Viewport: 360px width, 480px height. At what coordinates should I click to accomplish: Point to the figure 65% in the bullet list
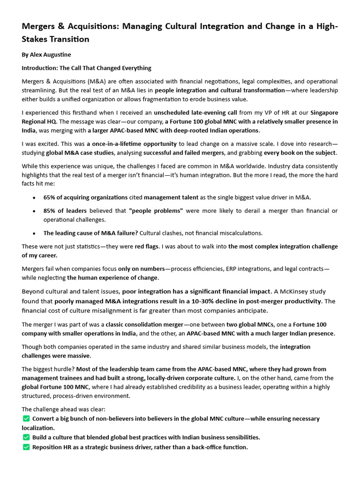[50, 197]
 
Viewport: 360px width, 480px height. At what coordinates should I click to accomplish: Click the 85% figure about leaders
[50, 211]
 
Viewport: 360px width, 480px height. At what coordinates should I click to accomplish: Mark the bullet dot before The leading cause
[34, 233]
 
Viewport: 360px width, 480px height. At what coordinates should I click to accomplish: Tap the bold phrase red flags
[147, 247]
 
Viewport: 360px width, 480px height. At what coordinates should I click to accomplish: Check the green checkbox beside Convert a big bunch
[26, 419]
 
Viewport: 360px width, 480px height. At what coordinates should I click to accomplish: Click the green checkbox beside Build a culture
[26, 437]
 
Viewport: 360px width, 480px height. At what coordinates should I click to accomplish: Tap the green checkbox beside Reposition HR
[26, 447]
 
